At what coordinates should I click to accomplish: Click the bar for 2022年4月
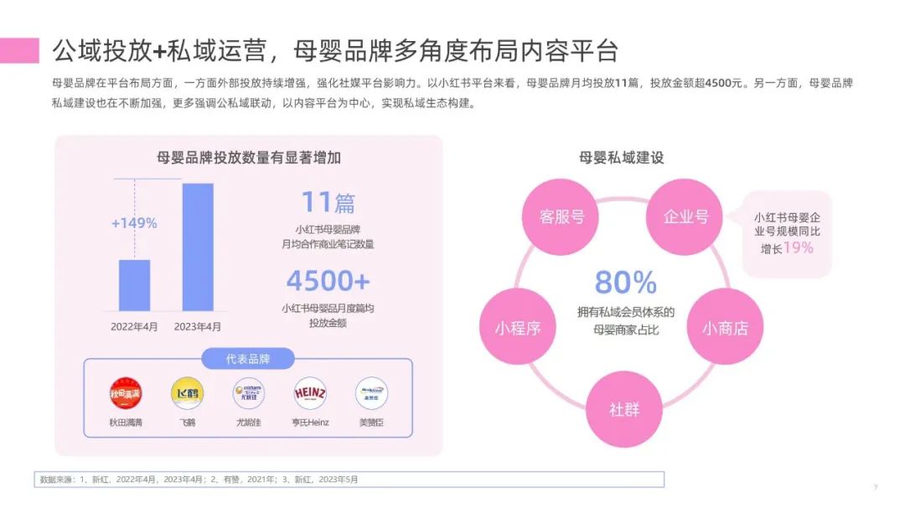134,285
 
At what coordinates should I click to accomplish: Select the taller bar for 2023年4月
198,247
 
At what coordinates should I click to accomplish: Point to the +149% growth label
134,223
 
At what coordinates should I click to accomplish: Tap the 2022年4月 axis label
134,327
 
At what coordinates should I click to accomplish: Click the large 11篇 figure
328,202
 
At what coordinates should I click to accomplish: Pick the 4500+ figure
328,279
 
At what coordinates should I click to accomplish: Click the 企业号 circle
685,216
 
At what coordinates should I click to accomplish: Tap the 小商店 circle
725,328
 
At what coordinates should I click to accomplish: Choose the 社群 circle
623,409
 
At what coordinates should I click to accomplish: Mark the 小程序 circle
516,328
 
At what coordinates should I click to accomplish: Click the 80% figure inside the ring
625,282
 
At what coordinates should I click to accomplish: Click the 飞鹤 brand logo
187,393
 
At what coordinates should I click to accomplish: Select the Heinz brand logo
309,393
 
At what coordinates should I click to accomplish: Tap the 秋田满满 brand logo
126,393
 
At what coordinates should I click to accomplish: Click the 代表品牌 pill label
248,359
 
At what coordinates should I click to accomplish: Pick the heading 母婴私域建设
621,157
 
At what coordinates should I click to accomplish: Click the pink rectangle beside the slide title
19,50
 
